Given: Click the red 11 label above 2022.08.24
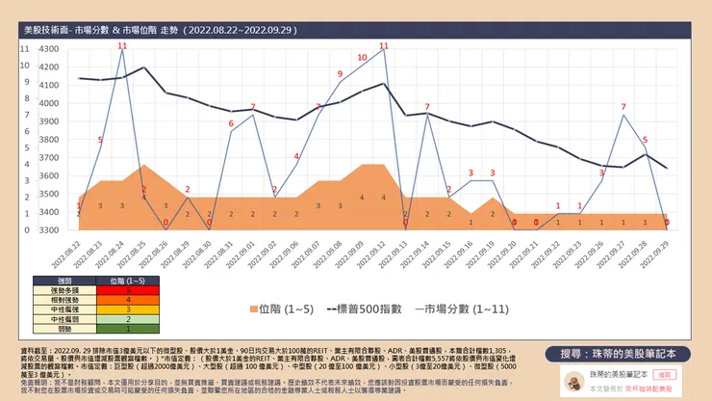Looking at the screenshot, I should pyautogui.click(x=122, y=45).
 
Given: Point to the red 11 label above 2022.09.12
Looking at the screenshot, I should pyautogui.click(x=384, y=45).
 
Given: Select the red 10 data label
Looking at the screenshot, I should pyautogui.click(x=362, y=58).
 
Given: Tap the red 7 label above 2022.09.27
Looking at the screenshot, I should pyautogui.click(x=623, y=106).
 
